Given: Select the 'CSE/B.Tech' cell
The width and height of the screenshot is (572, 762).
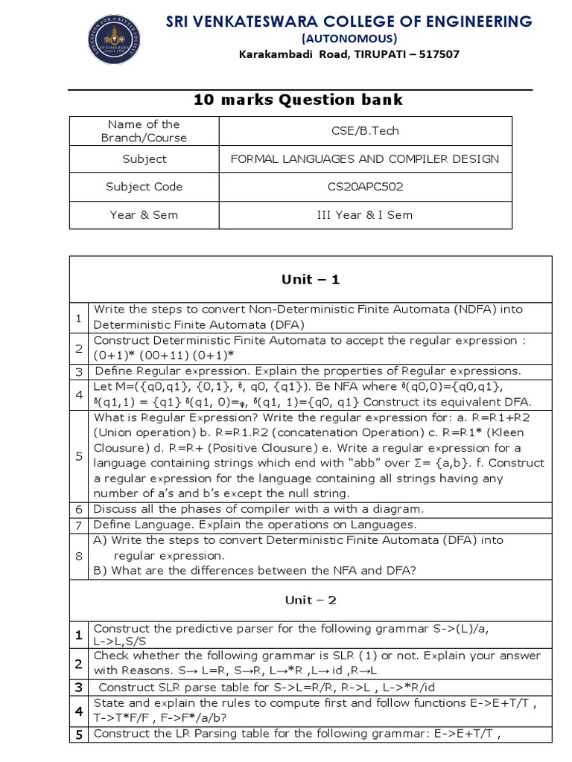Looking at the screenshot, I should [x=365, y=131].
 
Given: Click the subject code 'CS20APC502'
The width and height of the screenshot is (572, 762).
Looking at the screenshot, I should [x=365, y=187].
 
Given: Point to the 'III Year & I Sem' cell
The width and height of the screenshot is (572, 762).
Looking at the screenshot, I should [x=365, y=215].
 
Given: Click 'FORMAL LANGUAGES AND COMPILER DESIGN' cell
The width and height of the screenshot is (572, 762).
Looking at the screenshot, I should [x=365, y=159].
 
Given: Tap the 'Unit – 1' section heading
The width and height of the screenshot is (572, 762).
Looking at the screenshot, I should [x=310, y=280].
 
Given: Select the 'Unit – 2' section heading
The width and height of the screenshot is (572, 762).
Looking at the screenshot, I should [x=310, y=600].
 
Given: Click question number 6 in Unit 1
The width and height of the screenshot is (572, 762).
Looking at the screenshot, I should [x=78, y=510].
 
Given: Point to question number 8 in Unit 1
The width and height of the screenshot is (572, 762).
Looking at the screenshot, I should [x=78, y=555].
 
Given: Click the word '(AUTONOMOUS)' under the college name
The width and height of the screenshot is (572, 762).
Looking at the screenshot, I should [x=349, y=39].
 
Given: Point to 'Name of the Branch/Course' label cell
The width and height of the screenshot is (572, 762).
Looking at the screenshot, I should [x=144, y=131].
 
